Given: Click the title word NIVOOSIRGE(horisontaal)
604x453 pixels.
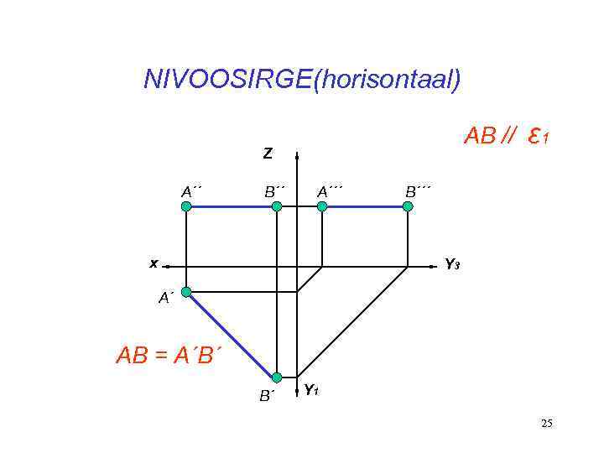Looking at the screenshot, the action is [302, 80].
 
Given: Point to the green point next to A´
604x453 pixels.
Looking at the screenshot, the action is [186, 291].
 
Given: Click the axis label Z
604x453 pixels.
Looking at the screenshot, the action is [267, 154].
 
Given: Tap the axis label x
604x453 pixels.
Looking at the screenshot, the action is [154, 263].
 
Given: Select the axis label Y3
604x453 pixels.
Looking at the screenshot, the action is [451, 265].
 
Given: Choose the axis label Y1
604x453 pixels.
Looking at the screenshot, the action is [310, 390].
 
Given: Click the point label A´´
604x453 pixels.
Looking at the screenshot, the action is [192, 190].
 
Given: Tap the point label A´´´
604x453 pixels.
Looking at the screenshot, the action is [331, 190].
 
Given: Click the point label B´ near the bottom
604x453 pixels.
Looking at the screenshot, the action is [266, 395].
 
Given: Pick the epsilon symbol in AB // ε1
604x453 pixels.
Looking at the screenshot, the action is [534, 134].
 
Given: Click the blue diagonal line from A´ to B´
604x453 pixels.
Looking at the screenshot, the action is [231, 334].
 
